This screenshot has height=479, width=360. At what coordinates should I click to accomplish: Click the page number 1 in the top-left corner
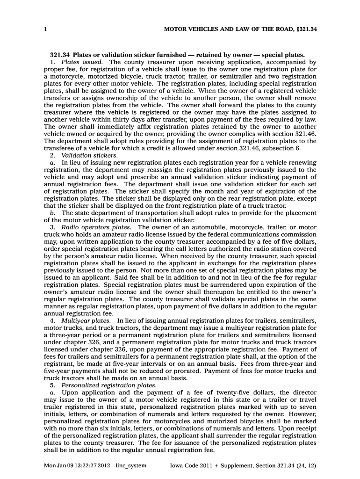pos(45,29)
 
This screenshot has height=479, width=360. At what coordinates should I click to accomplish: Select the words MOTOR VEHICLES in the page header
pos(187,29)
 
